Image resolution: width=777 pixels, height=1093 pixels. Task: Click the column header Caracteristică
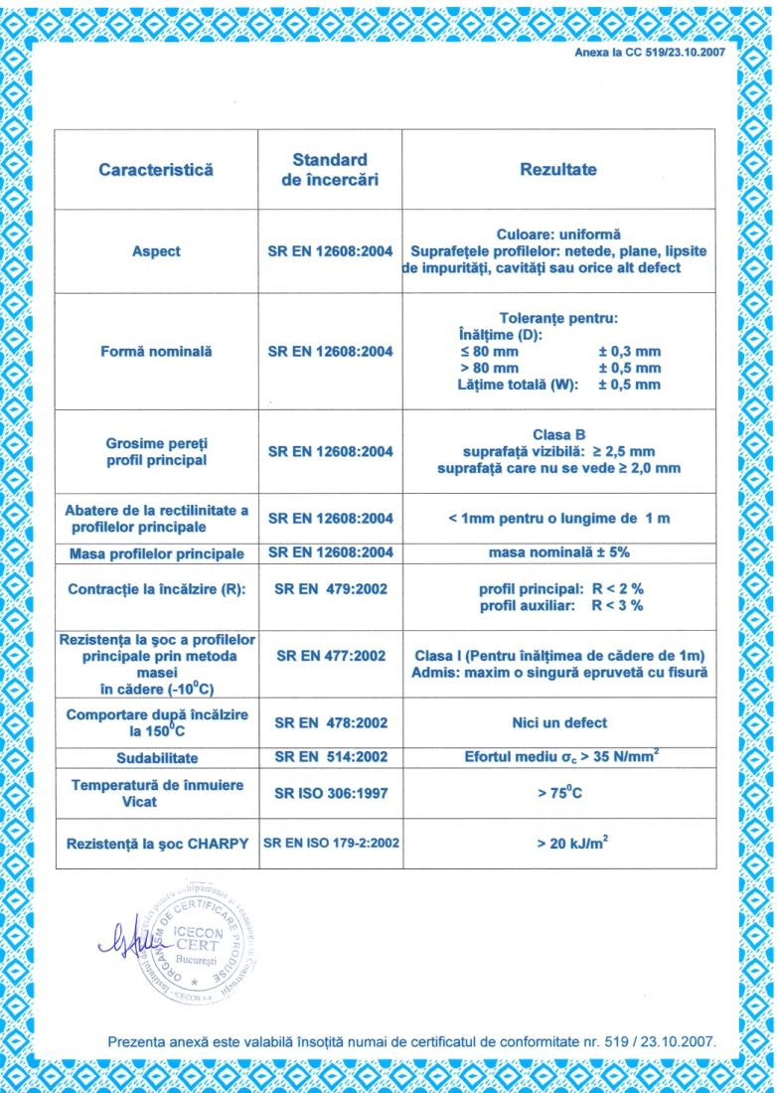[x=156, y=170]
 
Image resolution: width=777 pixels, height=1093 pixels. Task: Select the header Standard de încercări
[x=330, y=170]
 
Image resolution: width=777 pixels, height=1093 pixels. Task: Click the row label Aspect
[x=156, y=251]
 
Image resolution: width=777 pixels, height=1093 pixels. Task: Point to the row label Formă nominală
[x=156, y=351]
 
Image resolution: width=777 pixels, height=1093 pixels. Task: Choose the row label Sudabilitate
[x=156, y=758]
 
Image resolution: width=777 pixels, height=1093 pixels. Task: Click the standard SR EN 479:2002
[x=330, y=589]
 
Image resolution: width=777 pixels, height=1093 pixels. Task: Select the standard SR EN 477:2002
[x=330, y=656]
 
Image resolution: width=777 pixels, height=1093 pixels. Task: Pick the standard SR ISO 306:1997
[x=330, y=794]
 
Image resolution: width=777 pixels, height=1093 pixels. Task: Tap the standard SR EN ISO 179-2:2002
[x=331, y=844]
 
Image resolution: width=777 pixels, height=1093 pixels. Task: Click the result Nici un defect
[x=558, y=722]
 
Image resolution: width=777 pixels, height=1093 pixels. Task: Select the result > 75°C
[x=558, y=794]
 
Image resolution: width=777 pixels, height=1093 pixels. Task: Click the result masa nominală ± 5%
[x=558, y=551]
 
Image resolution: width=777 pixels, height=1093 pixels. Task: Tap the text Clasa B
[x=558, y=434]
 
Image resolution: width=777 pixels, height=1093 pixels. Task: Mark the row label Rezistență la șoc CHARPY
[x=157, y=844]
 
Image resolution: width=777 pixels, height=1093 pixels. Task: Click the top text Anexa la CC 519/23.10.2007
[x=650, y=52]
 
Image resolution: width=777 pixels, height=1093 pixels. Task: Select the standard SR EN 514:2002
[x=330, y=757]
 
